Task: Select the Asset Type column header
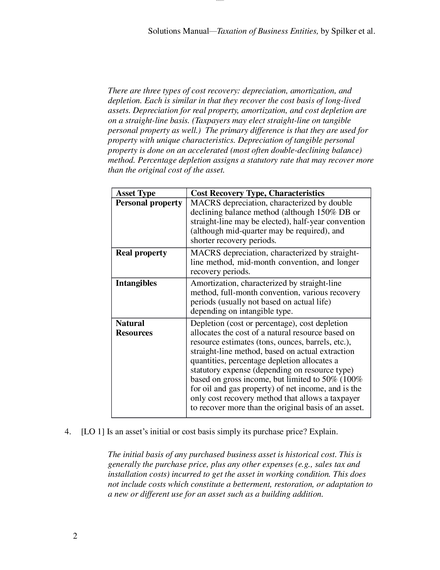[136, 193]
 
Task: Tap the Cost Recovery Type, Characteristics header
[258, 193]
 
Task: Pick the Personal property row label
[149, 203]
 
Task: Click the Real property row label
[141, 253]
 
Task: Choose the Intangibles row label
[136, 283]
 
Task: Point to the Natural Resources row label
[134, 328]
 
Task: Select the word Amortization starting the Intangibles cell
[214, 283]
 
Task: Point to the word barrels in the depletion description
[318, 342]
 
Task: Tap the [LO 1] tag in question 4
[93, 432]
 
